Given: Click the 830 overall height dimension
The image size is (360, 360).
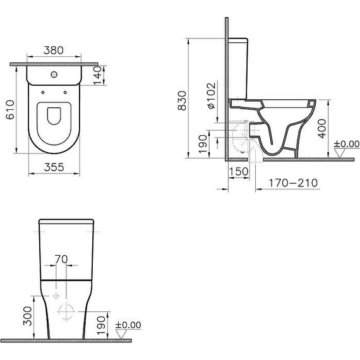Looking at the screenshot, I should coord(183,102).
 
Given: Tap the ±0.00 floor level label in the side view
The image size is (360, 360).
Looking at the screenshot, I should coord(346,145).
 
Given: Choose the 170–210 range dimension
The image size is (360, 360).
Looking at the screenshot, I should coord(290,183).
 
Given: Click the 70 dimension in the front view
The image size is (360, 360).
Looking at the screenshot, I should coord(61,258).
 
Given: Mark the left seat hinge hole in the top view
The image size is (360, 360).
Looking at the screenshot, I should coord(43,92).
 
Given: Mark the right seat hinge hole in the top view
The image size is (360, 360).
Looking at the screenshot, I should coord(64,92).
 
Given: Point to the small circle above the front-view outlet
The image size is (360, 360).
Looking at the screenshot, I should coord(56,296).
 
